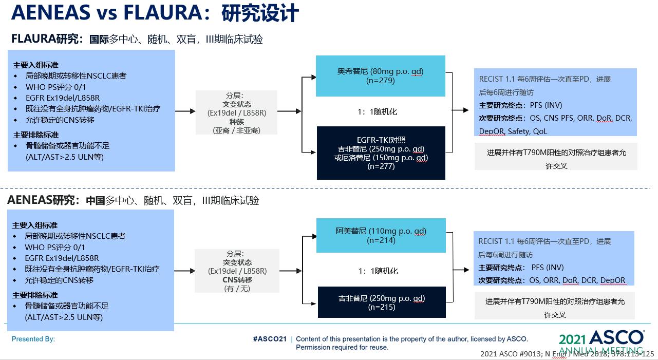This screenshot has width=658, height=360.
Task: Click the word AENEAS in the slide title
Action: pos(51,13)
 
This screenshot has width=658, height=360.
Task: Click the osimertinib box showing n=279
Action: pos(381,76)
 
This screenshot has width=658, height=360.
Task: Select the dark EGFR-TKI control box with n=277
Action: pos(381,153)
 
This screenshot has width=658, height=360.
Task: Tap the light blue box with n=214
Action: pos(381,235)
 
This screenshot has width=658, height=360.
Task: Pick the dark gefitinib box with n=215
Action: pos(382,302)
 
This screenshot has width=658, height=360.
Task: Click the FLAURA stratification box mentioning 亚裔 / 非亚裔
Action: pos(236,112)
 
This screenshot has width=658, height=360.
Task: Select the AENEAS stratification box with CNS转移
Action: pos(237,271)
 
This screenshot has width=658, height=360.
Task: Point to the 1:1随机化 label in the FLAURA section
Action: pos(377,112)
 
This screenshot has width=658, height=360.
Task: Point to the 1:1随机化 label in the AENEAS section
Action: pos(378,271)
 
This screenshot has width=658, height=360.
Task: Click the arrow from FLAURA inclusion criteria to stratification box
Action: pos(185,111)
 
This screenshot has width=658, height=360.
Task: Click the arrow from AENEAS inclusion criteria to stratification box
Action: pos(184,271)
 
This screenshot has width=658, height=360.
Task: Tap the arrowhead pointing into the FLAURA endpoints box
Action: pos(466,110)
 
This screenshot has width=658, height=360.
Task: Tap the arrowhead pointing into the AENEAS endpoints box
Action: pos(466,270)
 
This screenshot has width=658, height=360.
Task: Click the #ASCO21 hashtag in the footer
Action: pos(270,339)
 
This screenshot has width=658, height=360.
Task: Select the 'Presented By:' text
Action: pos(33,339)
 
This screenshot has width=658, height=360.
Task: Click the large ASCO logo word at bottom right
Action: pos(617,338)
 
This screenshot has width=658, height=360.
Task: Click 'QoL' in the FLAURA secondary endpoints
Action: pos(540,131)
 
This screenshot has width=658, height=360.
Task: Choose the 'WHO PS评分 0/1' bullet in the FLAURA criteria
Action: pos(55,87)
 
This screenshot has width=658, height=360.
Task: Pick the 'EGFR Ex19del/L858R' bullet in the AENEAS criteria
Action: pos(62,258)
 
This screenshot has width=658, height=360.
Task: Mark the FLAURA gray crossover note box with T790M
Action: pos(556,157)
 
